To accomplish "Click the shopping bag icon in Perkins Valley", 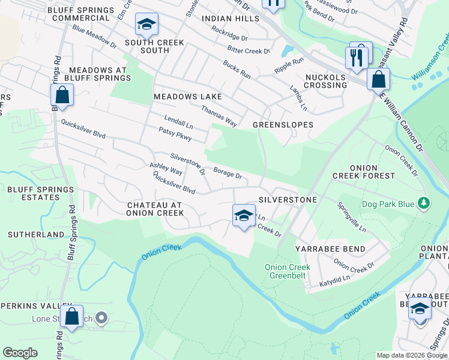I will pyautogui.click(x=72, y=317).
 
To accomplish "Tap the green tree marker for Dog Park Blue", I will pyautogui.click(x=424, y=204).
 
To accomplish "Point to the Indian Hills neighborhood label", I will pyautogui.click(x=230, y=19).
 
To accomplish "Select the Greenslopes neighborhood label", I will pyautogui.click(x=283, y=125).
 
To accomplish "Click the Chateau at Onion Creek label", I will pyautogui.click(x=155, y=209).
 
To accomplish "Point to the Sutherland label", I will pyautogui.click(x=35, y=234).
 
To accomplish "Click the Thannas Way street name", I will pyautogui.click(x=219, y=116).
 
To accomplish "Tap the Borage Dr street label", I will pyautogui.click(x=228, y=173).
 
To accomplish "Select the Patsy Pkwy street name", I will pyautogui.click(x=175, y=134).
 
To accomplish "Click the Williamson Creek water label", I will pyautogui.click(x=430, y=60).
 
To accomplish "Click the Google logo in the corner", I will pyautogui.click(x=21, y=352).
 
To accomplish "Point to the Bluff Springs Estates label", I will pyautogui.click(x=40, y=193).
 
